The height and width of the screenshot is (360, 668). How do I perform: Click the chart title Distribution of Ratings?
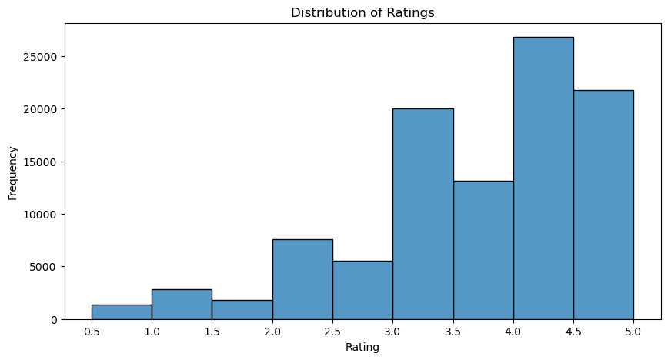363,12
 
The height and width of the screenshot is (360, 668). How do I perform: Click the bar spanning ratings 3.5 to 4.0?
483,250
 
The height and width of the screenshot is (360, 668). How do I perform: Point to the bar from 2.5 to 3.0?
362,290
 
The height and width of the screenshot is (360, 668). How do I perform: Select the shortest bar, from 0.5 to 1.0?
122,312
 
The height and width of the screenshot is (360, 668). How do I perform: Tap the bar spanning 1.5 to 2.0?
242,309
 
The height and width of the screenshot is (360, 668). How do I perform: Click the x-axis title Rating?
363,348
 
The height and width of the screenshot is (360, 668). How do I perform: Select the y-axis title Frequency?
12,172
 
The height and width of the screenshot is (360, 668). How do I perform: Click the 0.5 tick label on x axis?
92,332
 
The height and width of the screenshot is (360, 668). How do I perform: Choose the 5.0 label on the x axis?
633,332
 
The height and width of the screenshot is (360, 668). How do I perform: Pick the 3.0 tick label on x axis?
392,332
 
